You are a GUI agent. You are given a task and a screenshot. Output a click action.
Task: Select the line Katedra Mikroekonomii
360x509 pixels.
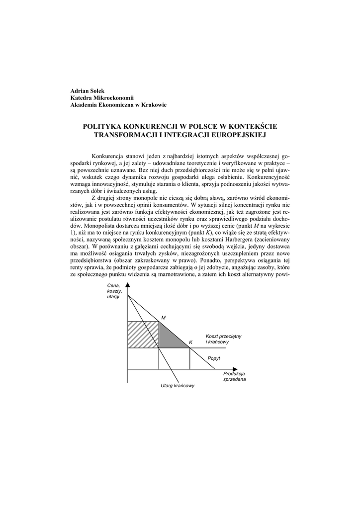(101, 98)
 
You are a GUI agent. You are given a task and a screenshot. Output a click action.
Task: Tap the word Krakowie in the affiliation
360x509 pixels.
(154, 105)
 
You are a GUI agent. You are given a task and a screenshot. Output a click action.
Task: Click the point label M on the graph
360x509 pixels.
(163, 317)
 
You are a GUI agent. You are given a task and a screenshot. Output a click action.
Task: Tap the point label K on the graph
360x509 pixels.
(190, 342)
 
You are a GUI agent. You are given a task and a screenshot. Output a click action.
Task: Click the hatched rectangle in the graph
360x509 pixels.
(143, 335)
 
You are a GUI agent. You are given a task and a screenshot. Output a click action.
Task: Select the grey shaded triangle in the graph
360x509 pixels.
(169, 339)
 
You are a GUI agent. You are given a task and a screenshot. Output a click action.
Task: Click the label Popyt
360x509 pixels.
(214, 358)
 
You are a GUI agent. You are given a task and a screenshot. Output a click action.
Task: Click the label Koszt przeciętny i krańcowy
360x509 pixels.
(223, 339)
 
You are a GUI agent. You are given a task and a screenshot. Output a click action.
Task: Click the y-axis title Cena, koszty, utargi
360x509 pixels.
(114, 291)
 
